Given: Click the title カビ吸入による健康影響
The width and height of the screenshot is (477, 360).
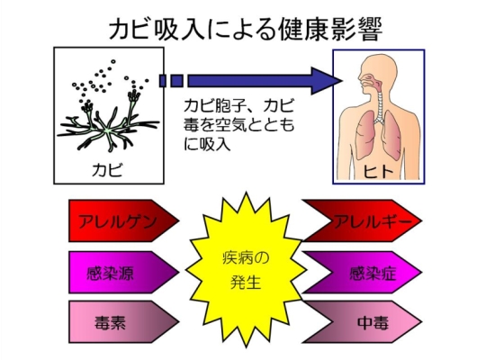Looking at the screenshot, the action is coord(245,30).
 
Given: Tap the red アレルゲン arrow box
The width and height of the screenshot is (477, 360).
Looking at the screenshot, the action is coord(123,220).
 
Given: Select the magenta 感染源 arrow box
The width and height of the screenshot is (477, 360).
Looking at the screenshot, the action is coord(123,272).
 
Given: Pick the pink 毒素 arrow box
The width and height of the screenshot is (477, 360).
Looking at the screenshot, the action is coord(123,322).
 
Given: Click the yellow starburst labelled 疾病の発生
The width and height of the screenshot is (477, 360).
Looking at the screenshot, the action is coord(246,270).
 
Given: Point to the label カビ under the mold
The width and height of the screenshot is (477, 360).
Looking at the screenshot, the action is coord(108,170).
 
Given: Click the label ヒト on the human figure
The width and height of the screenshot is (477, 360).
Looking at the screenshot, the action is coord(378,171).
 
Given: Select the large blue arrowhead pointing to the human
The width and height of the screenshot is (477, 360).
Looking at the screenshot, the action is coord(326,81).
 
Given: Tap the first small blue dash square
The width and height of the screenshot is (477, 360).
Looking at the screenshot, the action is coord(163,81).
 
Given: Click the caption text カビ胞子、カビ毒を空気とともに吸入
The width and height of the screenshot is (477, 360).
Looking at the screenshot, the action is coord(238,125).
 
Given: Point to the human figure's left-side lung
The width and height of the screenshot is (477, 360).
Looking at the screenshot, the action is coord(365,135).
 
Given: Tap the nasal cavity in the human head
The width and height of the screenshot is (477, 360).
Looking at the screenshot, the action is coord(369,80).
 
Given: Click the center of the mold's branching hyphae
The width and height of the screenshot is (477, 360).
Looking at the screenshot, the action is coord(107,130).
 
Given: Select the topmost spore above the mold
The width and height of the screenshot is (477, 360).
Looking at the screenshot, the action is coord(113,61).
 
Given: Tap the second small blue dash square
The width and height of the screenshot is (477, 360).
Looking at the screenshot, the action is coord(176,81).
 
